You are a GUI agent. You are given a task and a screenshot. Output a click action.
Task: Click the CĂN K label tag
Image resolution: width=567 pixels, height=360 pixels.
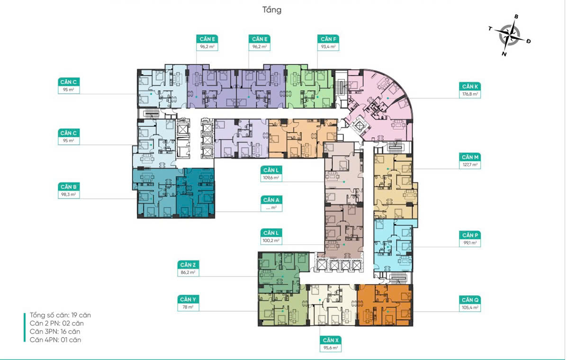(x=470, y=86)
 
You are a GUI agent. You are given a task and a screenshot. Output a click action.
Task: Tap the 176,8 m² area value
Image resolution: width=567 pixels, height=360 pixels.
(x=470, y=94)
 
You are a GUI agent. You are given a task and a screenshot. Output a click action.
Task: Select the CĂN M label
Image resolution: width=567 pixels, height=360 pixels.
(x=470, y=157)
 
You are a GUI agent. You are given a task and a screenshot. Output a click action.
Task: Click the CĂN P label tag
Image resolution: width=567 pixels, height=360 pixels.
(x=470, y=235)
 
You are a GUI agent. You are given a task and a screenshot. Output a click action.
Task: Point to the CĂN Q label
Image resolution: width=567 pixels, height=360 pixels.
(x=470, y=300)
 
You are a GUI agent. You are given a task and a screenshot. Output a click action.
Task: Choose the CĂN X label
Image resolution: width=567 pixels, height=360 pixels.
(x=331, y=340)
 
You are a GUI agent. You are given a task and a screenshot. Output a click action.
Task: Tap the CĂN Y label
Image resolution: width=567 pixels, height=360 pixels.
(x=188, y=299)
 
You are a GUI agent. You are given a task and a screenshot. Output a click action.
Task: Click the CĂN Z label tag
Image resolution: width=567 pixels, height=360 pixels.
(x=188, y=265)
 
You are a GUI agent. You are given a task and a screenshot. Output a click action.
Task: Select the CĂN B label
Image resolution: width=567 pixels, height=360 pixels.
(x=69, y=187)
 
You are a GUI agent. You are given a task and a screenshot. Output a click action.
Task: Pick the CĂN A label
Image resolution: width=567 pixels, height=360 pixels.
(x=271, y=200)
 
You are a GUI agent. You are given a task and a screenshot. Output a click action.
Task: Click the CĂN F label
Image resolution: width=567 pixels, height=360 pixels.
(x=328, y=39)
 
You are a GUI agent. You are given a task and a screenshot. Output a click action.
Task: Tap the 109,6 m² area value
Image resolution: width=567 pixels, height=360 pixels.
(x=271, y=178)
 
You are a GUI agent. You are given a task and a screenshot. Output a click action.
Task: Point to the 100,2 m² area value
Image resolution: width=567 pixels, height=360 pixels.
(x=271, y=241)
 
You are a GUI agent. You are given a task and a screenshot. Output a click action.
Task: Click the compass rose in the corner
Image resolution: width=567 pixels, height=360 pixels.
(x=509, y=36)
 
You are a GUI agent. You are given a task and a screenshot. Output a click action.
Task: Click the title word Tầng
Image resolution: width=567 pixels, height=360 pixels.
(x=272, y=10)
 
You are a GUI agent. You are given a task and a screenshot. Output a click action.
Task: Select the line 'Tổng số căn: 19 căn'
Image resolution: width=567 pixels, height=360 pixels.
(x=60, y=315)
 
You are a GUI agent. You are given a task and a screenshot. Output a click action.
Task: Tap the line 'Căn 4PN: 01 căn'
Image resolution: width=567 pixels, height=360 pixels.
(x=55, y=340)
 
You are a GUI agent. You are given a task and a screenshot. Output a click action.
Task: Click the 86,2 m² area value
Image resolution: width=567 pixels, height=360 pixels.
(x=188, y=272)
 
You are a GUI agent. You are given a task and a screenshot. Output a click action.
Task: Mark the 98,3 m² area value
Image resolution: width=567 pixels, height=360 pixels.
(x=69, y=195)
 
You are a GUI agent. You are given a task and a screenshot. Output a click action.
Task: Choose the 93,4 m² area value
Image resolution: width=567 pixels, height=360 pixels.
(x=328, y=46)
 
